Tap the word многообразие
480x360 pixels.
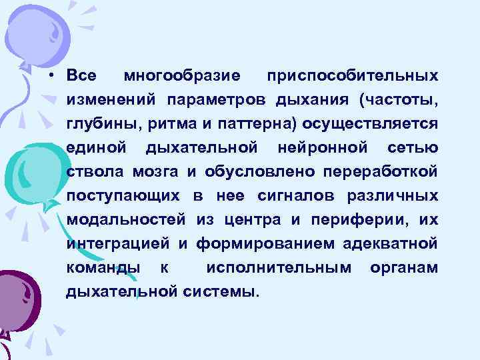[x=176, y=75]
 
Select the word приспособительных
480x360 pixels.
[x=352, y=75]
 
